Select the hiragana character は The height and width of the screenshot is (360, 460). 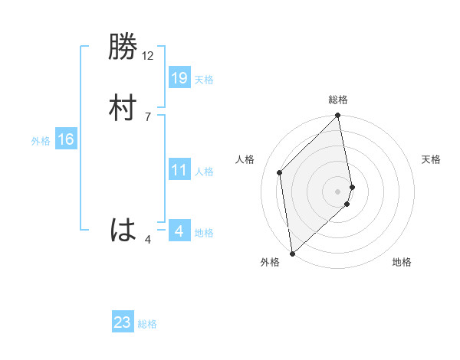[123, 230]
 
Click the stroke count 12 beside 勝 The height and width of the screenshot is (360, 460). [148, 56]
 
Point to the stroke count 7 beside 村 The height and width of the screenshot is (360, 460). [148, 116]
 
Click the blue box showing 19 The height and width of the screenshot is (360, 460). [179, 77]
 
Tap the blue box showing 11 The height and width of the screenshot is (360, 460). [179, 170]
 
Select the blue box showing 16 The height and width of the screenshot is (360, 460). [65, 139]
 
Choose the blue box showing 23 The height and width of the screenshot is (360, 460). [123, 322]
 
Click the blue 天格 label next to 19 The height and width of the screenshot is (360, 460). [204, 80]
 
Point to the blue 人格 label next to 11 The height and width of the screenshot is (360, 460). [204, 172]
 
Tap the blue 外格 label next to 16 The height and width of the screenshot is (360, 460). [41, 141]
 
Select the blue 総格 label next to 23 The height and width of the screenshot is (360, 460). [147, 325]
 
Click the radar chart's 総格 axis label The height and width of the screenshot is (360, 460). [338, 100]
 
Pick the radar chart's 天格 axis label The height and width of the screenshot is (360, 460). [431, 159]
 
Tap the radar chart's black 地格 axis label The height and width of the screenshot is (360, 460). [402, 262]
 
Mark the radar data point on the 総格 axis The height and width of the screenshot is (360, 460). [338, 116]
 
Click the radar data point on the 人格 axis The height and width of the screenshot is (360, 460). [280, 172]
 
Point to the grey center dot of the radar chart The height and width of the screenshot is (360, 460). [338, 191]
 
